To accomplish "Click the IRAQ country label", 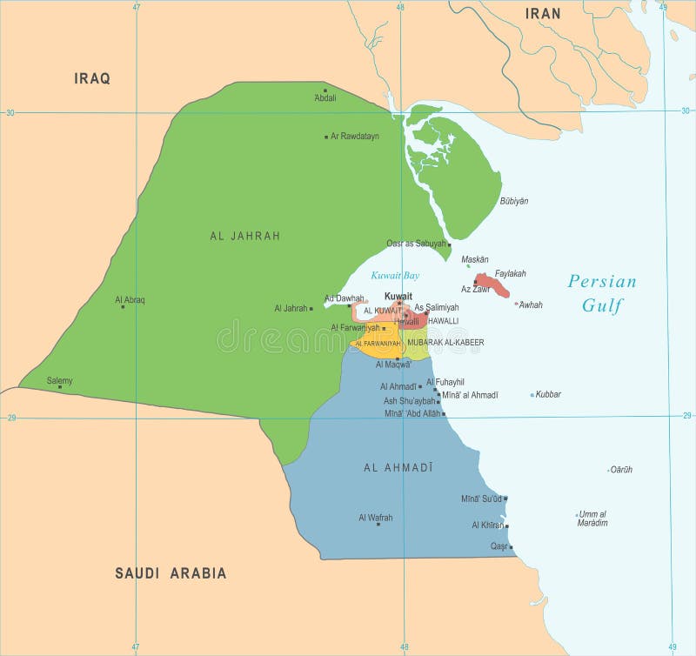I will (92, 78).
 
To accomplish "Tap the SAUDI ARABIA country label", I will (171, 573).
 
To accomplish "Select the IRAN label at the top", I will (542, 13).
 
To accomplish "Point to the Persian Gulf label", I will (601, 292).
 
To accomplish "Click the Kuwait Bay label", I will (395, 276).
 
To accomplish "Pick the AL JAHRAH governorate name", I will (245, 236).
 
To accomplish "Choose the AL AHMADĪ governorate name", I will (398, 468).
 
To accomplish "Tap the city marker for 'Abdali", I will (325, 90).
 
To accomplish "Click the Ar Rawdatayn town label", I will (355, 137).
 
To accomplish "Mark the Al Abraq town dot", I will (123, 306).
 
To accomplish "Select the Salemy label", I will (60, 380).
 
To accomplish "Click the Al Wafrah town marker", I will (376, 525).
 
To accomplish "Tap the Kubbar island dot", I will (532, 395).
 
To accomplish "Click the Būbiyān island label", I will (513, 201).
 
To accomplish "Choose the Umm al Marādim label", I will (592, 519).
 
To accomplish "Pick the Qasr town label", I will (499, 546).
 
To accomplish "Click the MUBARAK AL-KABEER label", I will (445, 343).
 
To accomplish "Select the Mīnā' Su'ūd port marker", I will (505, 499).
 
